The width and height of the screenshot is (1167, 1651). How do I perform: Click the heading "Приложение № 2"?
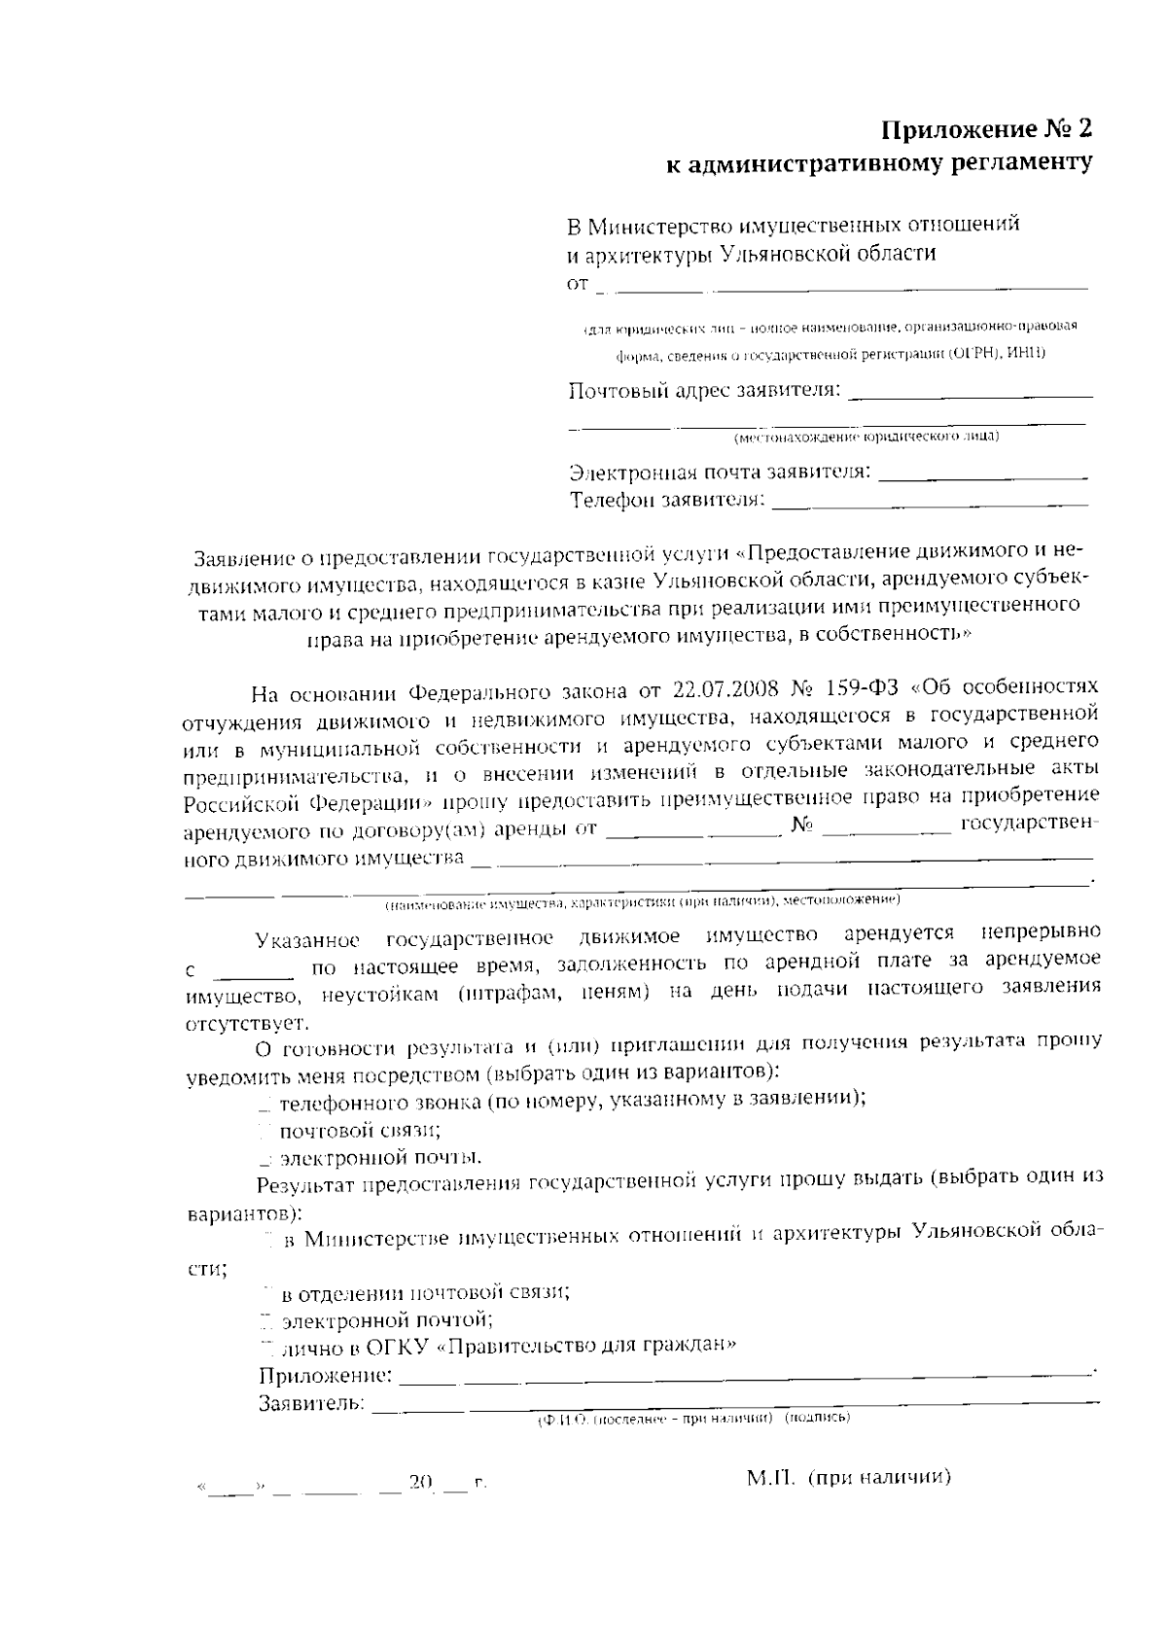pos(986,130)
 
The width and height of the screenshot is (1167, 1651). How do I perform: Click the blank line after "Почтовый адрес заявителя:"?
pos(971,393)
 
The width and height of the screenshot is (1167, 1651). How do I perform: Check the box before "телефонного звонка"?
pos(265,1105)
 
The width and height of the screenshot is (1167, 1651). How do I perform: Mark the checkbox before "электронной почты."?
pos(265,1159)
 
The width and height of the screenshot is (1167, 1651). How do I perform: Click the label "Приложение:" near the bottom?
pos(325,1376)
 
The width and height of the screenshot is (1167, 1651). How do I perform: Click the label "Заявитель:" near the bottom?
pos(311,1403)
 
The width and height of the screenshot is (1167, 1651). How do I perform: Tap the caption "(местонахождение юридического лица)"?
pos(867,437)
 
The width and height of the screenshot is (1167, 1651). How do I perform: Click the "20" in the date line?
pos(420,1483)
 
